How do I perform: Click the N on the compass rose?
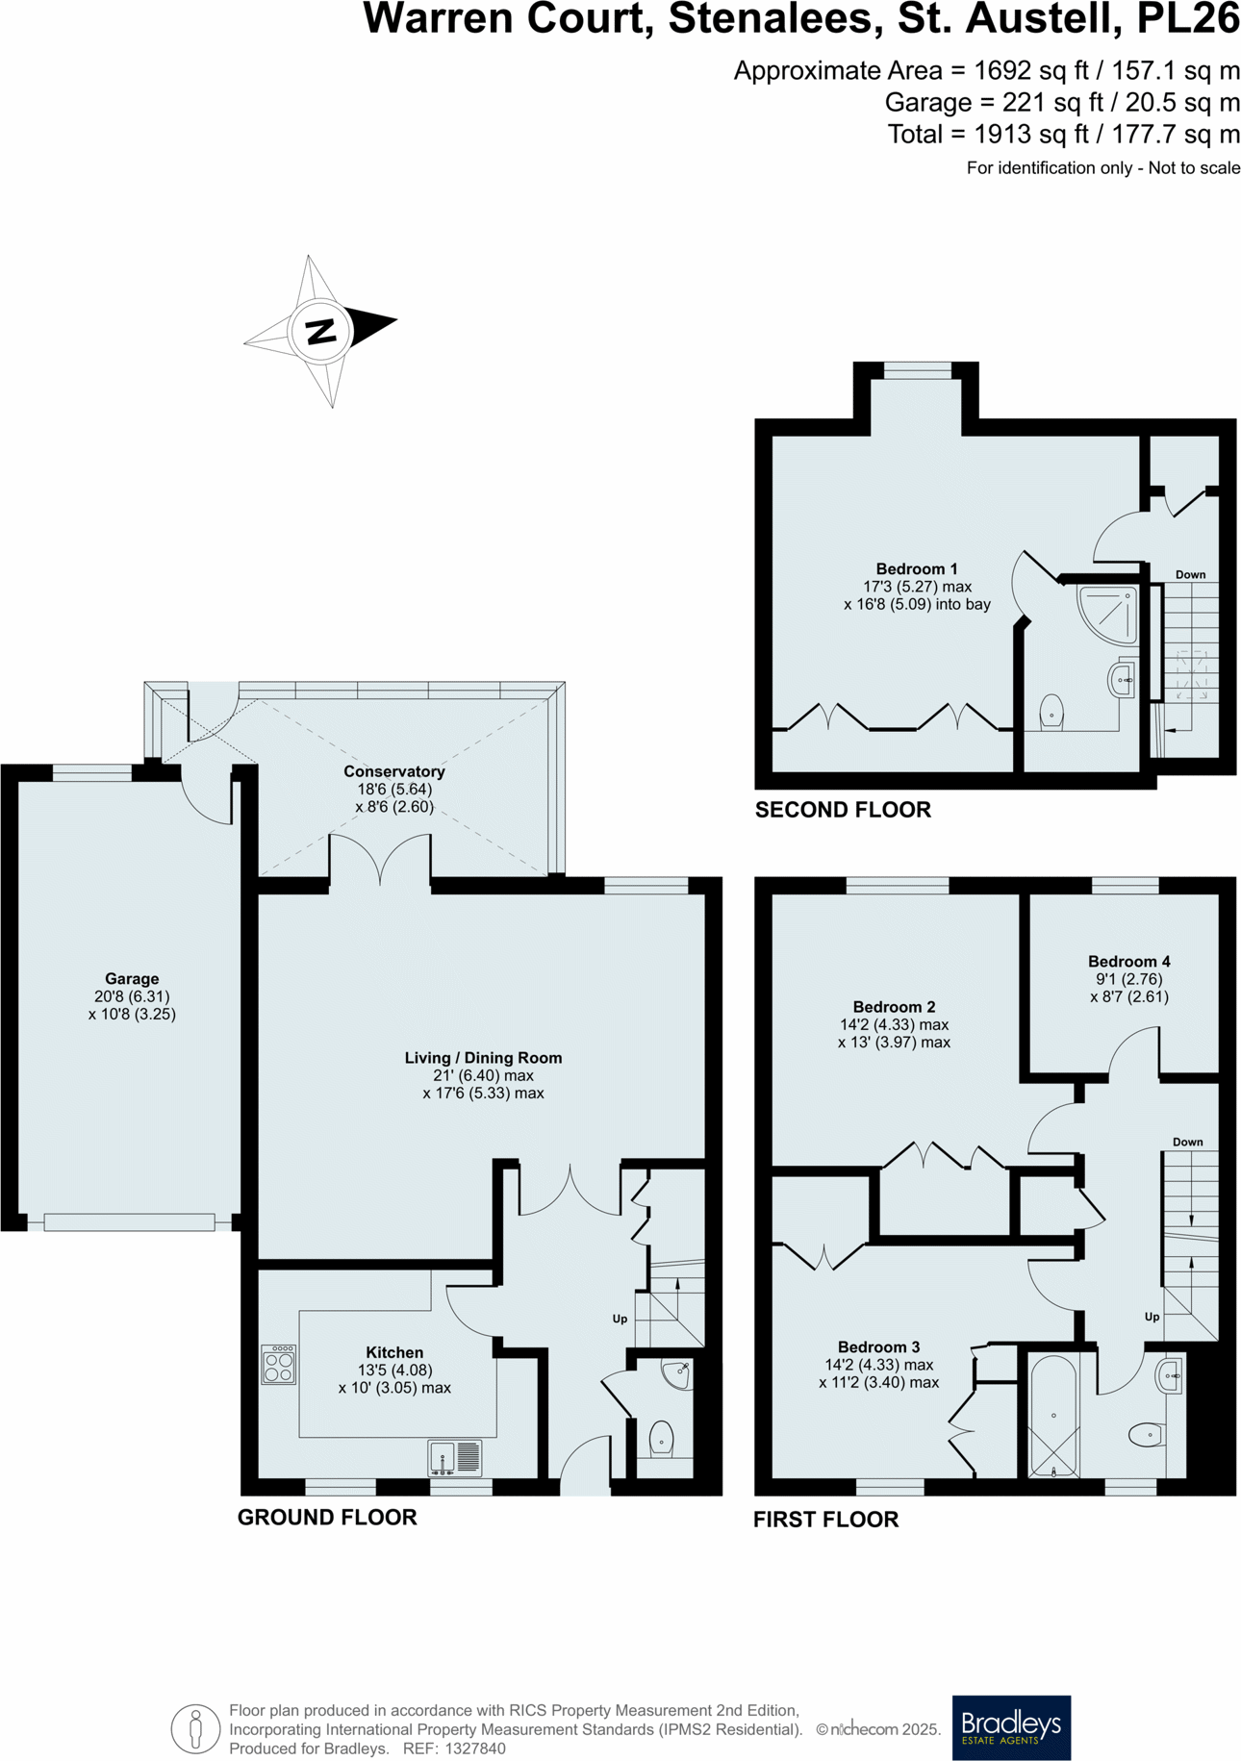coord(320,332)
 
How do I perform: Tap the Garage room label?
coord(132,979)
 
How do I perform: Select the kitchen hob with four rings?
coord(278,1364)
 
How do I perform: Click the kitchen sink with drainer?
coord(455,1457)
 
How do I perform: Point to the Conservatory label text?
coord(393,771)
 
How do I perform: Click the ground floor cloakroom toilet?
coord(661,1440)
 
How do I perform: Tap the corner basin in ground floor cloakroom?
coord(677,1373)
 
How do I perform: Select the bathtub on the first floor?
coord(1053,1416)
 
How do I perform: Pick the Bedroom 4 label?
coord(1128,961)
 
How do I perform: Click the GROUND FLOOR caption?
coord(327,1517)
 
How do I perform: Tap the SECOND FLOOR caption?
coord(843,810)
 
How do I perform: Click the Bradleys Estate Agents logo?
coord(1011,1726)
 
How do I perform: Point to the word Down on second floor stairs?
coord(1190,574)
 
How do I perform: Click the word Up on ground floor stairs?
coord(620,1319)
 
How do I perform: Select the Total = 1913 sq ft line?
coord(1063,135)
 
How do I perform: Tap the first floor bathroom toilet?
coord(1145,1436)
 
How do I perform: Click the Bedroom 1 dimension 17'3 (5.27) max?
coord(917,587)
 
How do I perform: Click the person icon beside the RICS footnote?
coord(195,1728)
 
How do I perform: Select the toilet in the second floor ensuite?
coord(1051,713)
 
